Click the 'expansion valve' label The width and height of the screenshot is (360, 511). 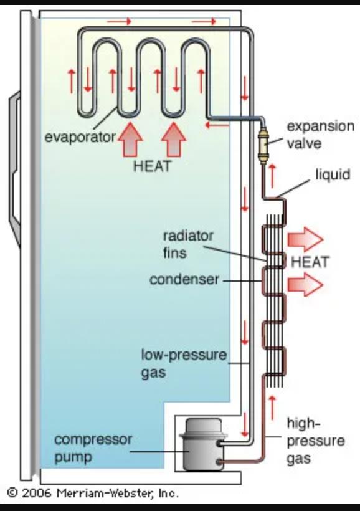(x=320, y=133)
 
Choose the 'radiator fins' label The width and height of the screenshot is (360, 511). (x=187, y=244)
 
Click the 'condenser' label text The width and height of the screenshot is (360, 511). (x=184, y=280)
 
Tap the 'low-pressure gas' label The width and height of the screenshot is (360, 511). (x=183, y=364)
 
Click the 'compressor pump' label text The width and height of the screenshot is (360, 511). (x=93, y=448)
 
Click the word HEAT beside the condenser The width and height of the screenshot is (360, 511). (x=310, y=262)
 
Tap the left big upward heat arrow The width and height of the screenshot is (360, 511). (x=130, y=139)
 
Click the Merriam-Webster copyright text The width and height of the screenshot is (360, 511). (x=93, y=493)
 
